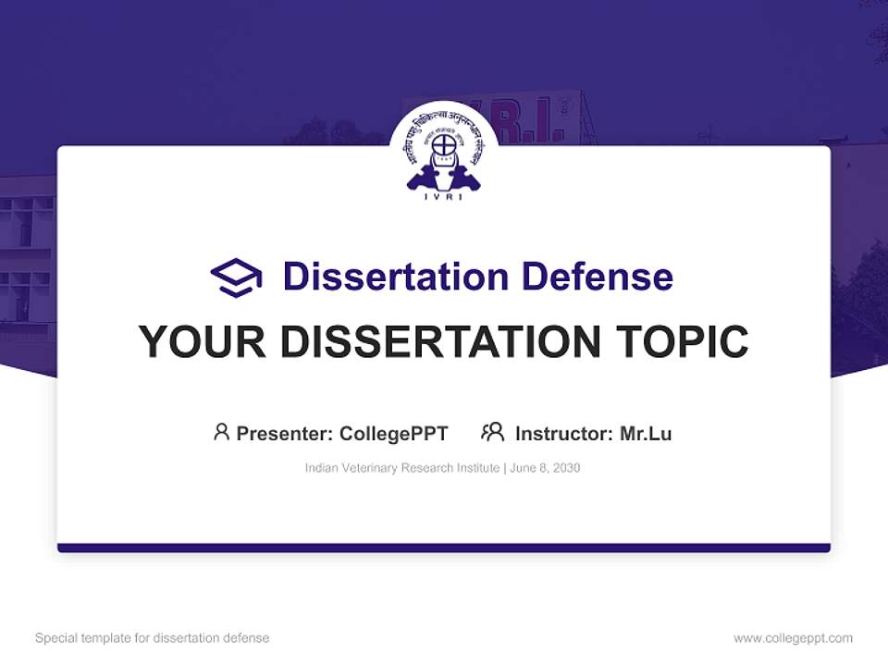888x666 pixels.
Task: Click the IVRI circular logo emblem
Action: pyautogui.click(x=444, y=153)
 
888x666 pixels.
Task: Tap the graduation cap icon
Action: pyautogui.click(x=236, y=277)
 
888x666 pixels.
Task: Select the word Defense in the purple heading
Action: pyautogui.click(x=597, y=277)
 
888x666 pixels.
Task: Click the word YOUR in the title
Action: pyautogui.click(x=202, y=342)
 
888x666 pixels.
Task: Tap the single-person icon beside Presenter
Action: pyautogui.click(x=221, y=432)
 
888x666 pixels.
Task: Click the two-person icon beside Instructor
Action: pyautogui.click(x=492, y=432)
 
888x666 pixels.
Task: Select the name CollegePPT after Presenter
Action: pyautogui.click(x=394, y=434)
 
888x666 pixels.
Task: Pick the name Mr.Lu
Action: pyautogui.click(x=646, y=434)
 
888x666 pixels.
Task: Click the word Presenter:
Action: pyautogui.click(x=285, y=434)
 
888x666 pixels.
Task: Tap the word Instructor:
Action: pyautogui.click(x=563, y=434)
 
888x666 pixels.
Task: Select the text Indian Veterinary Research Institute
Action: pyautogui.click(x=402, y=468)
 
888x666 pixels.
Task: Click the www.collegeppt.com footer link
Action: pyautogui.click(x=793, y=638)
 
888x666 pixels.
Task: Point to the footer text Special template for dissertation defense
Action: pyautogui.click(x=153, y=638)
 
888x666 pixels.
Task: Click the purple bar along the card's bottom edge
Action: pyautogui.click(x=444, y=548)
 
